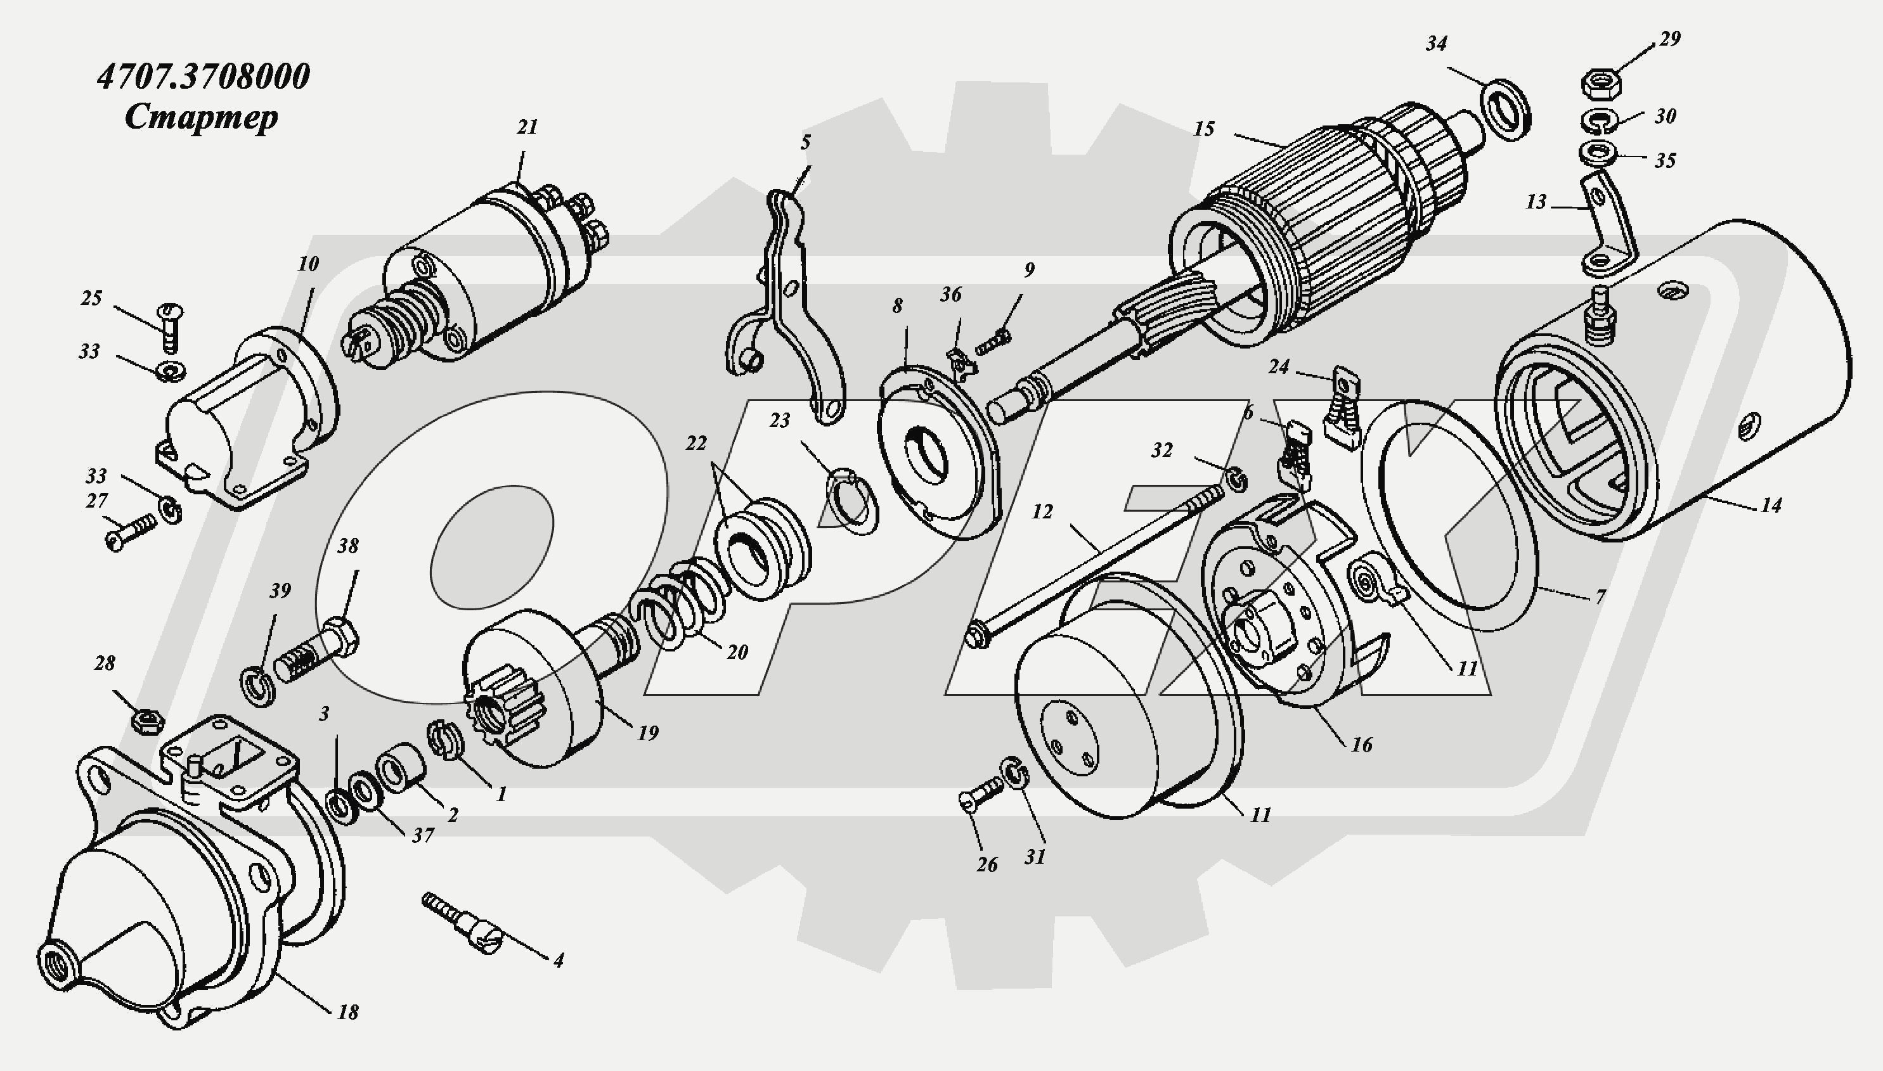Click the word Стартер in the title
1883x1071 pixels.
[x=201, y=118]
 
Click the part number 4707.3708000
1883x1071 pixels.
[x=203, y=77]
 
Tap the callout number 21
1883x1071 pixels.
[x=527, y=127]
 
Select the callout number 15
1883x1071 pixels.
[x=1203, y=129]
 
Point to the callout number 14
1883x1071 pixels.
[x=1770, y=505]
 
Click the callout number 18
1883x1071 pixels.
[x=347, y=1012]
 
